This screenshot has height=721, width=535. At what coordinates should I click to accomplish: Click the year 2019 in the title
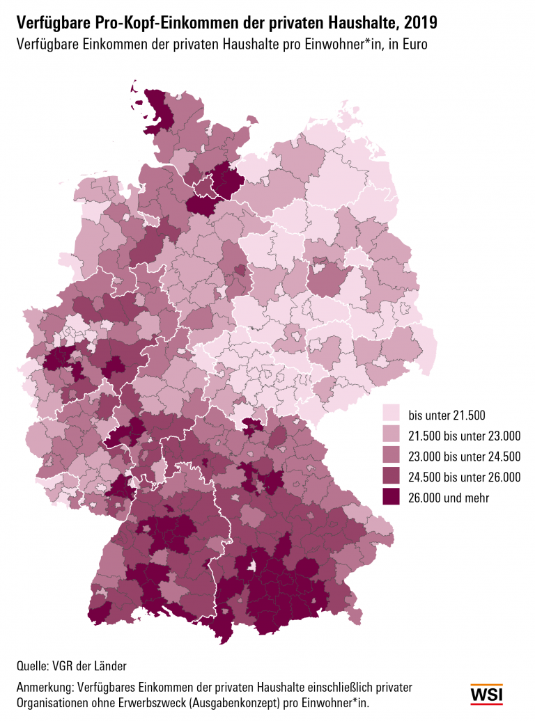tap(419, 23)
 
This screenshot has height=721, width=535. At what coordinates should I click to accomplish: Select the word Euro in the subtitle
tap(412, 44)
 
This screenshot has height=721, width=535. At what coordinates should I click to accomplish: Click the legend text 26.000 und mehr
tap(449, 498)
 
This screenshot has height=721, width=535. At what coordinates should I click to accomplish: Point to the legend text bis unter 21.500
tap(446, 416)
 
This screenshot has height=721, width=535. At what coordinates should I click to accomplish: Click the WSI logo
tap(486, 694)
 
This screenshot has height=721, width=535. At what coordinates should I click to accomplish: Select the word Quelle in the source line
tap(32, 664)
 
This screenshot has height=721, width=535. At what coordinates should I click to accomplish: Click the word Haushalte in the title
tap(355, 23)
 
